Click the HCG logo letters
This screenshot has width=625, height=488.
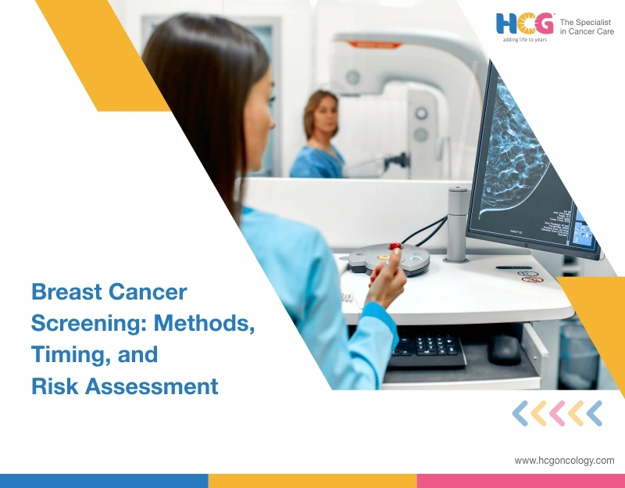pyautogui.click(x=524, y=24)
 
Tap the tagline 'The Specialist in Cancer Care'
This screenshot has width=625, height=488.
pyautogui.click(x=587, y=27)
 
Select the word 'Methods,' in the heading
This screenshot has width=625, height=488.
pyautogui.click(x=205, y=323)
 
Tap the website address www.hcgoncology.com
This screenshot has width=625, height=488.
pyautogui.click(x=564, y=461)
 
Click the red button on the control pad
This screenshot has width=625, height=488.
pyautogui.click(x=395, y=246)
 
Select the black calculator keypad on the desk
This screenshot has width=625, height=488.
pyautogui.click(x=427, y=346)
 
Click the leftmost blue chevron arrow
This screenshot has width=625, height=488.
pyautogui.click(x=520, y=413)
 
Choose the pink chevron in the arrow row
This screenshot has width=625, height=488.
pyautogui.click(x=557, y=413)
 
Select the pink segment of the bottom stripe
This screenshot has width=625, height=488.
pyautogui.click(x=520, y=481)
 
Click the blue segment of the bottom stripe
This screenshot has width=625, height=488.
pyautogui.click(x=104, y=481)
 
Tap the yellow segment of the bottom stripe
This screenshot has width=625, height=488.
pyautogui.click(x=312, y=481)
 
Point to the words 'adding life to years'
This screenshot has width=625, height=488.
pyautogui.click(x=524, y=40)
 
